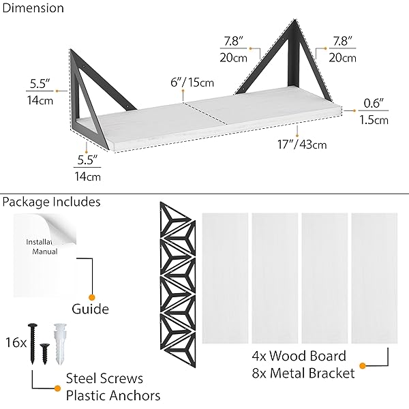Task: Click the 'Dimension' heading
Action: click(x=33, y=8)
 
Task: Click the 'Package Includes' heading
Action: click(x=51, y=202)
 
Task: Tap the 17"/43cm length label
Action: click(x=302, y=145)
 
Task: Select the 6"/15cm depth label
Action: click(x=192, y=82)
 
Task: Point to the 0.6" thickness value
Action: click(x=374, y=104)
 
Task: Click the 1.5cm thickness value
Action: click(x=374, y=120)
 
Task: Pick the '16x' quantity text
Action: click(x=16, y=342)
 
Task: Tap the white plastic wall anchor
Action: click(x=60, y=344)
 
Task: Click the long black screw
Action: click(x=33, y=344)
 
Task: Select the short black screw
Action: click(x=45, y=354)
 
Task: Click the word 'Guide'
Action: click(x=90, y=309)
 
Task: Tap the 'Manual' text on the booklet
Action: click(x=45, y=252)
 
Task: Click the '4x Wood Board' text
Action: click(x=299, y=356)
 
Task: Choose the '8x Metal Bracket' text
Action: click(x=303, y=374)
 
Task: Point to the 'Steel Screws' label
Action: click(x=104, y=378)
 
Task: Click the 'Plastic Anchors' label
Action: click(x=113, y=395)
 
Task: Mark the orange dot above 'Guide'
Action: click(x=91, y=297)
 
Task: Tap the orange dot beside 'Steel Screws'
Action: click(x=58, y=388)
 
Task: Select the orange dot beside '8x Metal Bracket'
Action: click(x=363, y=366)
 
